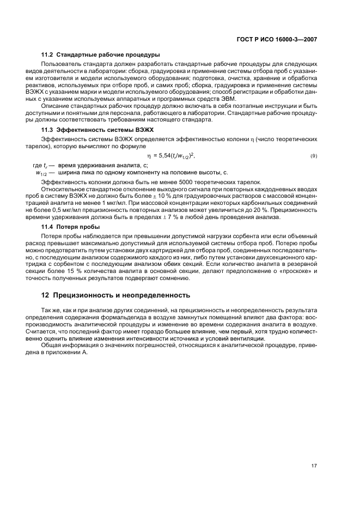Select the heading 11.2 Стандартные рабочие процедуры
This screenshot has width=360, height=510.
point(100,54)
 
